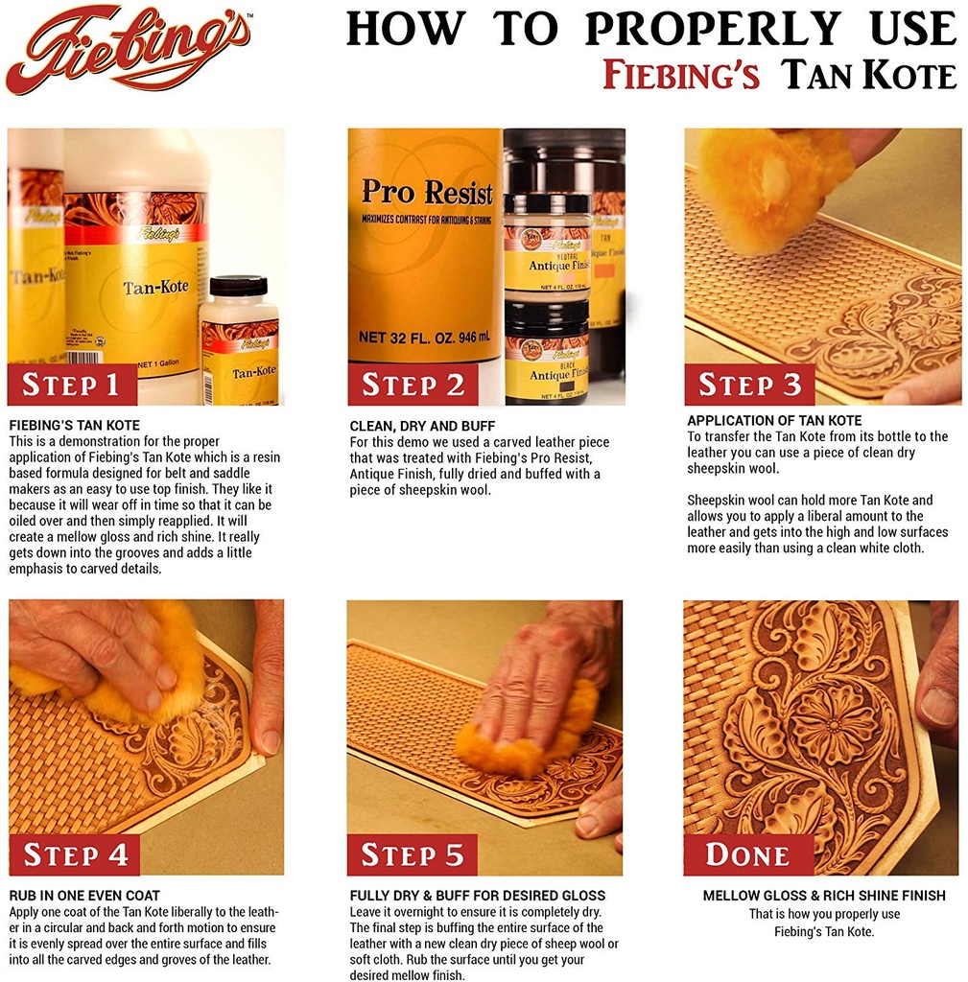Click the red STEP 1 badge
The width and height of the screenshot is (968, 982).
click(x=72, y=385)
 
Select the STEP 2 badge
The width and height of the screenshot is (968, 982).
click(x=413, y=385)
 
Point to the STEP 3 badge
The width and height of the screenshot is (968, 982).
click(x=749, y=385)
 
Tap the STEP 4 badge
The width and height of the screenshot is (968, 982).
click(x=75, y=854)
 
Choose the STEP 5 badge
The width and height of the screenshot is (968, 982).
click(x=413, y=854)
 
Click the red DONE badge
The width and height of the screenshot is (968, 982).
click(x=748, y=854)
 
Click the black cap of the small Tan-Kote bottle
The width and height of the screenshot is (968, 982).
click(x=238, y=286)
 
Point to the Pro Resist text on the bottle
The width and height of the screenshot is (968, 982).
click(x=427, y=192)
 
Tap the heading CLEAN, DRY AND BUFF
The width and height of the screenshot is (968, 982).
click(x=422, y=426)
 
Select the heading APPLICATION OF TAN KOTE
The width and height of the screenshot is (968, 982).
click(x=774, y=420)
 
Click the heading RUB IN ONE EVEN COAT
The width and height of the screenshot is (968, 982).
click(x=84, y=896)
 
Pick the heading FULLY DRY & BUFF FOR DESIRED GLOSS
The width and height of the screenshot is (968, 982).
click(x=478, y=896)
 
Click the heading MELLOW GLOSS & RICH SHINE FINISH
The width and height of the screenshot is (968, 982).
click(x=824, y=896)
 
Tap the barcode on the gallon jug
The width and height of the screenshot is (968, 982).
click(x=83, y=358)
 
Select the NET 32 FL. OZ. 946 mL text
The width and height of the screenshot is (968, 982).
click(x=424, y=337)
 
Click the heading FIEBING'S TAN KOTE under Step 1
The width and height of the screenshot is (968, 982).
click(x=75, y=425)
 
